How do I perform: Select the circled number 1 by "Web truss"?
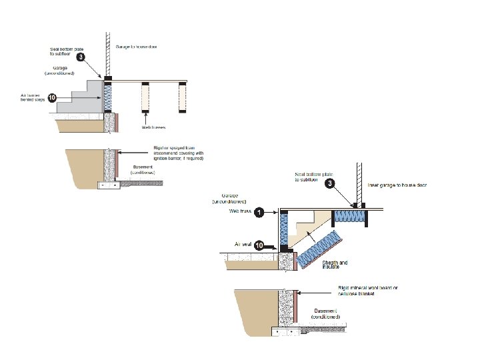point(261,211)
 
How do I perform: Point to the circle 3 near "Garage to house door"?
point(81,57)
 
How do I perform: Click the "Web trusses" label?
point(153,126)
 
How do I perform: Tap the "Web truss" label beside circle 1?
point(239,211)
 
